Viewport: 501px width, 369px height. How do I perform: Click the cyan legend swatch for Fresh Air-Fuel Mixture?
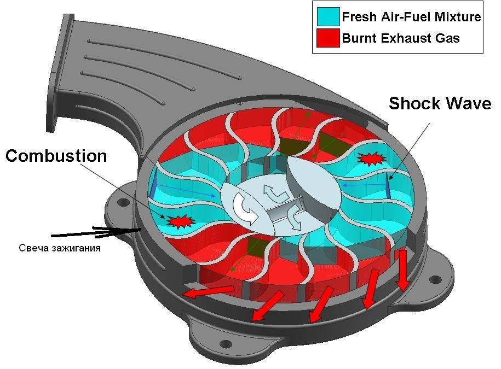[328, 16]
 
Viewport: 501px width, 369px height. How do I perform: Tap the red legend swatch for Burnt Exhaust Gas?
[328, 38]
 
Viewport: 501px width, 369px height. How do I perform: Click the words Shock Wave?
[440, 104]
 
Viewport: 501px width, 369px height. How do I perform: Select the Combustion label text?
[56, 156]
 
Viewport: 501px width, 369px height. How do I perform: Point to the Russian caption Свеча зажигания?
[60, 248]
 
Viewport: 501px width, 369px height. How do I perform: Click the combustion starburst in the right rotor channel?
[372, 159]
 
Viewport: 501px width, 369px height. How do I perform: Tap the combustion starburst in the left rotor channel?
[181, 221]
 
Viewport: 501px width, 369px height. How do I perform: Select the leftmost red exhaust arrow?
[209, 291]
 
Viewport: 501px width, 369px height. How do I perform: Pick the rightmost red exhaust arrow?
[403, 270]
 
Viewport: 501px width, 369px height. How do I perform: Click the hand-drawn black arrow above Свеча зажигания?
[96, 232]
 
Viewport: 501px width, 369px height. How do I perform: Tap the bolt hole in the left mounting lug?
[122, 202]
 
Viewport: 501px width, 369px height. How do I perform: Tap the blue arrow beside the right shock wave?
[364, 185]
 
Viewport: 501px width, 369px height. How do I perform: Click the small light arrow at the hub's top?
[275, 194]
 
